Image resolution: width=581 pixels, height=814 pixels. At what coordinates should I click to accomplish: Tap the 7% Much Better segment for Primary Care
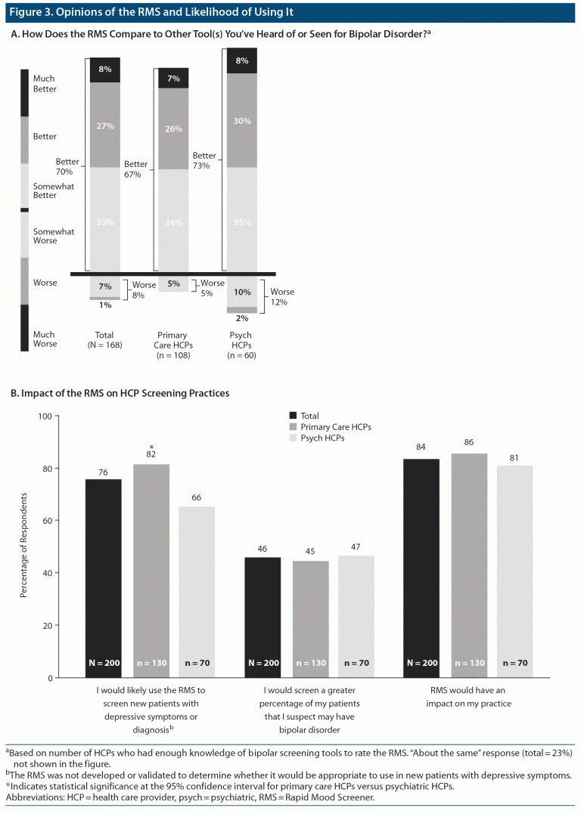click(173, 79)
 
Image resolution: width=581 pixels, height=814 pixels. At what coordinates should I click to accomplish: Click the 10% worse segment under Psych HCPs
click(242, 292)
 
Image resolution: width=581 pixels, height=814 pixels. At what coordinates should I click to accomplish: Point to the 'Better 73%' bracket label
click(204, 159)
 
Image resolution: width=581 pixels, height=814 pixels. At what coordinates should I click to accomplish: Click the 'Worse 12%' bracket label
click(282, 296)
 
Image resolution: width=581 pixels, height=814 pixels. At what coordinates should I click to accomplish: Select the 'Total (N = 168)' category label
click(105, 339)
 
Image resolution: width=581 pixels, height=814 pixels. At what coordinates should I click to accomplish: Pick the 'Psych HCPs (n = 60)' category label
click(242, 345)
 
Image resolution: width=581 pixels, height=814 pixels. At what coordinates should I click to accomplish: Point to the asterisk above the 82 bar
click(151, 447)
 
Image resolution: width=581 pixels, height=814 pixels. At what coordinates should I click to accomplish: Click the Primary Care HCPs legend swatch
click(293, 427)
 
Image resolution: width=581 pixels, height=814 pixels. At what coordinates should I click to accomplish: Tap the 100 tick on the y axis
click(45, 416)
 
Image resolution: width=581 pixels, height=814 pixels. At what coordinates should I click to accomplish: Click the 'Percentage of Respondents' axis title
click(23, 545)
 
